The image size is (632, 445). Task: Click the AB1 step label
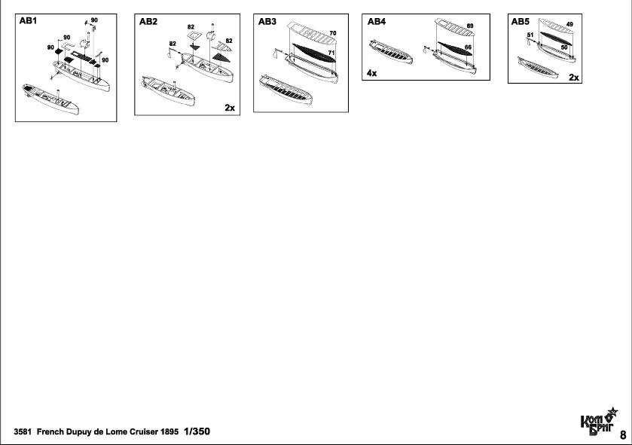(x=29, y=22)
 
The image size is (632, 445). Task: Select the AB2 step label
(x=148, y=23)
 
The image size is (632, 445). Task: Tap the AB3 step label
(x=267, y=23)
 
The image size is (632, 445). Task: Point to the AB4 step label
(x=377, y=23)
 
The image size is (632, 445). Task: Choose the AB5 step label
(x=521, y=23)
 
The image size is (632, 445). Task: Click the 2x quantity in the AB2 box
(x=230, y=108)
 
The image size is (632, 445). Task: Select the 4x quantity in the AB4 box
(x=372, y=73)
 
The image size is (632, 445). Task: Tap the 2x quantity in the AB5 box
(x=574, y=78)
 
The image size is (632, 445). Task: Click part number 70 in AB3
(x=332, y=34)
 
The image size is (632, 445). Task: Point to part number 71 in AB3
(x=331, y=53)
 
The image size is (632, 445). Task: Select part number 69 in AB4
(x=469, y=26)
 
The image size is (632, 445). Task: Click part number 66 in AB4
(x=468, y=47)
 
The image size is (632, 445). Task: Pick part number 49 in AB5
(x=569, y=25)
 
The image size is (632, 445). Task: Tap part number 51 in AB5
(x=530, y=35)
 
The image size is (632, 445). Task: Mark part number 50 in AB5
(x=564, y=47)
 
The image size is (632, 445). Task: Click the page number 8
(x=622, y=434)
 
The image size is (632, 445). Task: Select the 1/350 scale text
(x=197, y=431)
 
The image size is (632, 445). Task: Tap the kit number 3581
(x=23, y=432)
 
